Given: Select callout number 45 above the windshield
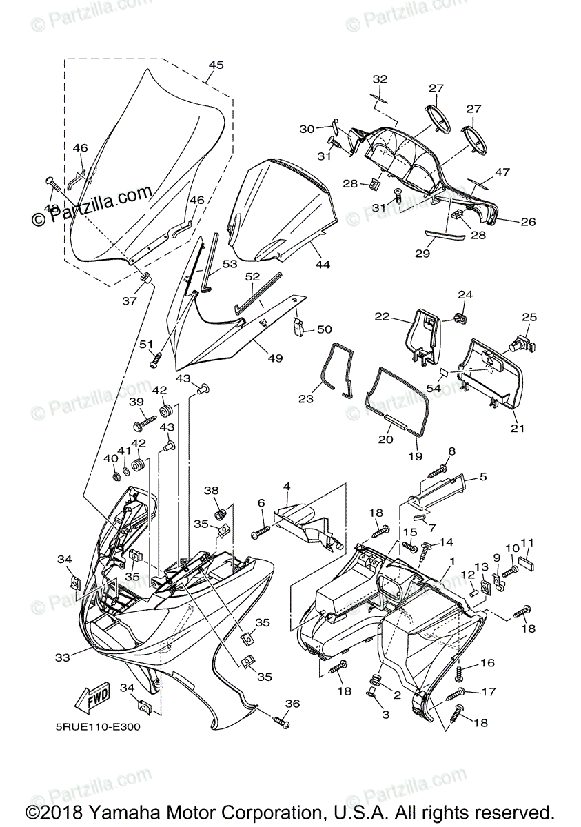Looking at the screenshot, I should (x=216, y=65).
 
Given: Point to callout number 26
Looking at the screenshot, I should (x=528, y=222).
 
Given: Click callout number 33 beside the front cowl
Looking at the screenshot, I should (x=63, y=657).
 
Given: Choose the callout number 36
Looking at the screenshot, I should (x=293, y=704).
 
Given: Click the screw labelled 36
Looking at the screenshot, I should (x=281, y=722).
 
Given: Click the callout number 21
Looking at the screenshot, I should (x=518, y=429).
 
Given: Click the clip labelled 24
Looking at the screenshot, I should (x=460, y=318).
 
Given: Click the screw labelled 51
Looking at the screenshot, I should (x=156, y=358).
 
